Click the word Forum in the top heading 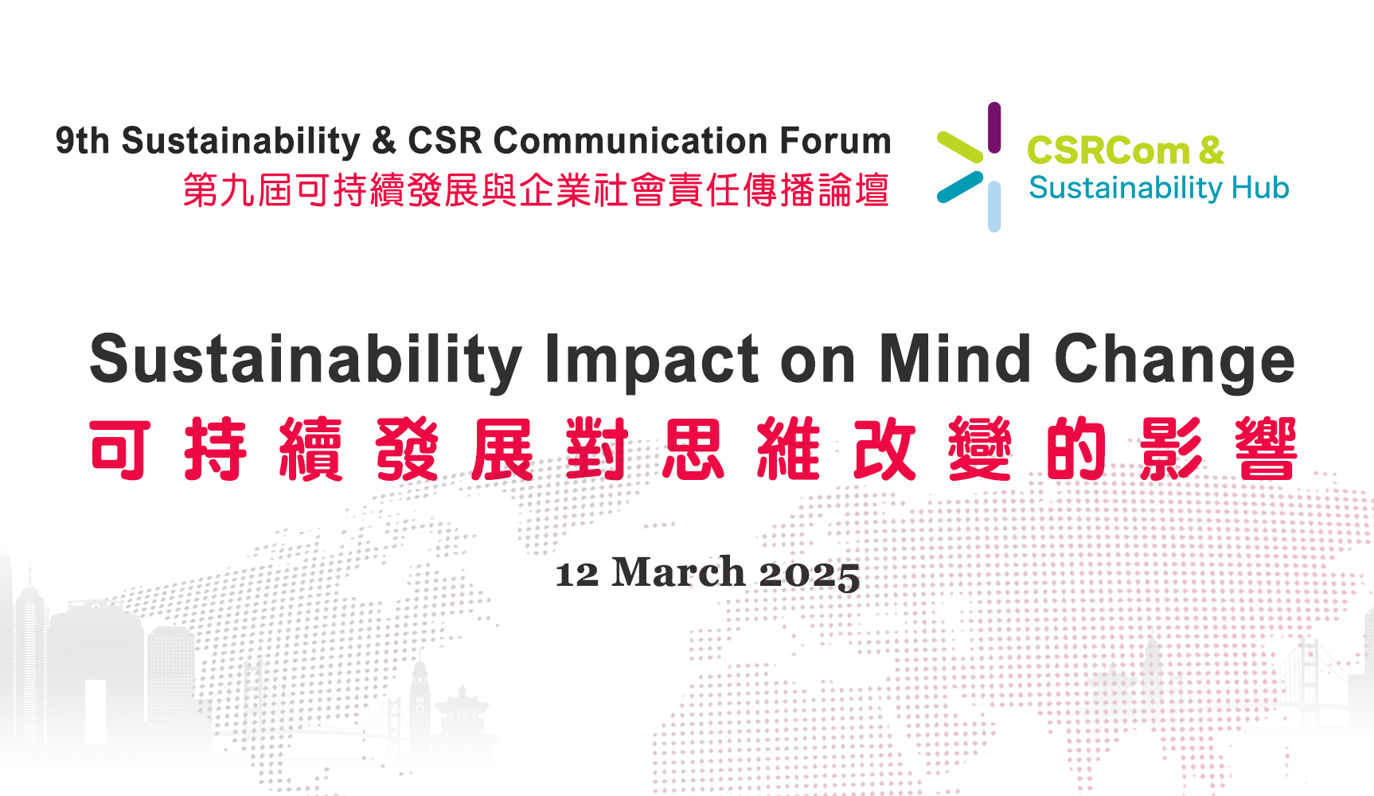pyautogui.click(x=835, y=141)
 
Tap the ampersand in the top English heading pyautogui.click(x=384, y=141)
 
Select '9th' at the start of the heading pyautogui.click(x=82, y=141)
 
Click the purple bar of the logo pyautogui.click(x=994, y=127)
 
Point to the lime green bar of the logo pyautogui.click(x=960, y=147)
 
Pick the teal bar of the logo pyautogui.click(x=960, y=187)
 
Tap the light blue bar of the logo pyautogui.click(x=994, y=206)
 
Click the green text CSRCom pyautogui.click(x=1108, y=150)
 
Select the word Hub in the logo pyautogui.click(x=1260, y=188)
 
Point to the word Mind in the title pyautogui.click(x=954, y=358)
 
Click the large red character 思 pyautogui.click(x=693, y=449)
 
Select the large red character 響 pyautogui.click(x=1267, y=449)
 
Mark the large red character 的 pyautogui.click(x=1076, y=449)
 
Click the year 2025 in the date pyautogui.click(x=810, y=574)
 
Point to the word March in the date pyautogui.click(x=678, y=572)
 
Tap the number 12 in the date pyautogui.click(x=577, y=574)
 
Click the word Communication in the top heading pyautogui.click(x=630, y=141)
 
